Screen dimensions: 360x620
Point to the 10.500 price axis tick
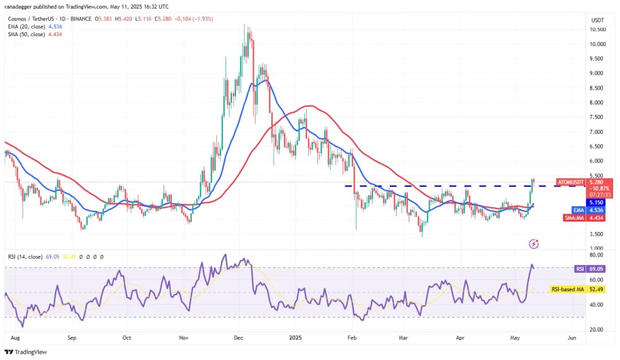point(598,29)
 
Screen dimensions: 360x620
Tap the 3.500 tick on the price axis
point(596,234)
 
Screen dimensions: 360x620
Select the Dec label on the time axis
point(239,339)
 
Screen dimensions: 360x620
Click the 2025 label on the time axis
point(296,339)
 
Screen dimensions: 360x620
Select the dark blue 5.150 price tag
point(598,203)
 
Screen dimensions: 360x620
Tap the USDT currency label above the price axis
point(598,20)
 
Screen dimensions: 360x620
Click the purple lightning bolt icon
point(534,244)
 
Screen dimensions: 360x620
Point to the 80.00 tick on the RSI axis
point(596,254)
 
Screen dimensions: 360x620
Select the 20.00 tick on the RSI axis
point(596,330)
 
